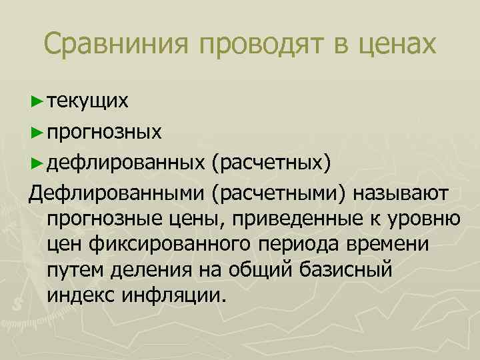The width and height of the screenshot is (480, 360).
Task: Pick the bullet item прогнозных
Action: pyautogui.click(x=104, y=132)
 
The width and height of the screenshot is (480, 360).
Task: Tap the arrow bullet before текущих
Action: pyautogui.click(x=37, y=101)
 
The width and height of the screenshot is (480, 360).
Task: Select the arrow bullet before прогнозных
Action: pyautogui.click(x=37, y=132)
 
